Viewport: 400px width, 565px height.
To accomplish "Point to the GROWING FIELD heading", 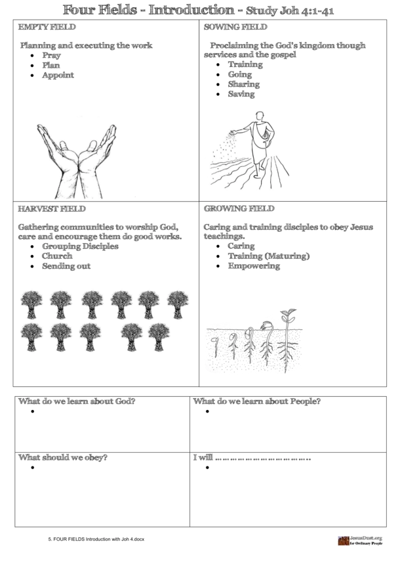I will click(x=239, y=208).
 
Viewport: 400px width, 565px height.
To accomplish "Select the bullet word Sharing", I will click(x=243, y=84).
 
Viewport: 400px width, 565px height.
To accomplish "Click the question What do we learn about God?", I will click(x=77, y=401).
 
